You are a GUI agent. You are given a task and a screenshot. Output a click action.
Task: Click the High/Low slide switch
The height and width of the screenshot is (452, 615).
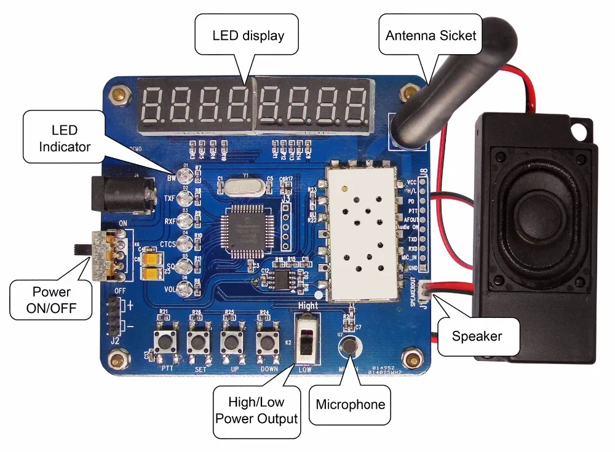coord(307,339)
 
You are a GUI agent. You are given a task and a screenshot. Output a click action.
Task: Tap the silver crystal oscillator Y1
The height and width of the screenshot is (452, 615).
coord(245,186)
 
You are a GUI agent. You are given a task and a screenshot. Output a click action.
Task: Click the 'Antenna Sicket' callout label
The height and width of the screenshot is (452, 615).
coord(430,35)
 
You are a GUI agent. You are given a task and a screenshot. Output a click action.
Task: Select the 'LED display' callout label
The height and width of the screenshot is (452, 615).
coord(248,35)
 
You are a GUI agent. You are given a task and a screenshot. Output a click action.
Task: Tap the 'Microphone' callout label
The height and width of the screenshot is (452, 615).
coord(350,404)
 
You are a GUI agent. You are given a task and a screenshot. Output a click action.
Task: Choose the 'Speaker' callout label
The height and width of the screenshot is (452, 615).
coord(477,336)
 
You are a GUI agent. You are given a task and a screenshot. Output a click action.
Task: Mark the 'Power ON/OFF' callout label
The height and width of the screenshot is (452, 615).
coord(52,299)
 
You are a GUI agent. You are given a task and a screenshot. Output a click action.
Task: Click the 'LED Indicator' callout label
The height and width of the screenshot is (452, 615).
coord(65,138)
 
